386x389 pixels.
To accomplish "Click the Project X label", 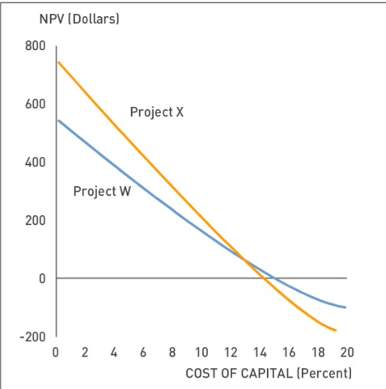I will [x=156, y=112].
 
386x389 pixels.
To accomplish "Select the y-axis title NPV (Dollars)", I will [x=79, y=19].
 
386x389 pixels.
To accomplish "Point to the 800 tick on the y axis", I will [x=35, y=46].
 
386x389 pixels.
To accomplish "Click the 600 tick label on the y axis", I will [x=35, y=104].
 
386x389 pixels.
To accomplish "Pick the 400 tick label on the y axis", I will [x=35, y=163].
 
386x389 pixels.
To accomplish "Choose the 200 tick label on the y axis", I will [x=35, y=221].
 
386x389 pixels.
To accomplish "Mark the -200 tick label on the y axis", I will [x=32, y=336].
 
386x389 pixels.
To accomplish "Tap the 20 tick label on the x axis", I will [x=347, y=352].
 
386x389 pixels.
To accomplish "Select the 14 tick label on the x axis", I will [x=260, y=352].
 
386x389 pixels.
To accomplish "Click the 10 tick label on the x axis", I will [x=201, y=352].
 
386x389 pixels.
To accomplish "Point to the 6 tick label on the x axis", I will [x=143, y=352].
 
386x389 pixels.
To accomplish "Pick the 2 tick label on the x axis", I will [x=85, y=352].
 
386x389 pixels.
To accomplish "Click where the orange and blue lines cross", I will [x=244, y=258].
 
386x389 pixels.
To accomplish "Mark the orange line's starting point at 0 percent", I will [x=57, y=61].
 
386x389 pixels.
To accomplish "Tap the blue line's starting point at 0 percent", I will [x=57, y=121].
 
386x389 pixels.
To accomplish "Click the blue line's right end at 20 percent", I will [x=346, y=307].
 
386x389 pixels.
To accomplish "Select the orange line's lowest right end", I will [x=335, y=331].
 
